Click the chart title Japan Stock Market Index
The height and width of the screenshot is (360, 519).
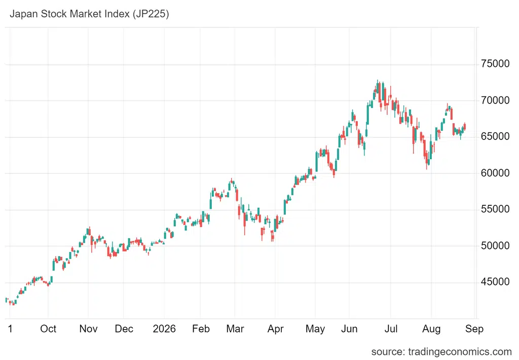69,14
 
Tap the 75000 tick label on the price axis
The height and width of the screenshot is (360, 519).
495,63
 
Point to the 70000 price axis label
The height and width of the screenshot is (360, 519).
495,100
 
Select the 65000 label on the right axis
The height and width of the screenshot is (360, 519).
495,136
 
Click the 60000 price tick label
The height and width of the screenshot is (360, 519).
495,173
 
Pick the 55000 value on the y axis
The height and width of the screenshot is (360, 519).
495,209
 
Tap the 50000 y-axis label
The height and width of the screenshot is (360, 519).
495,245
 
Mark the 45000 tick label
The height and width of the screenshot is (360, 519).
495,282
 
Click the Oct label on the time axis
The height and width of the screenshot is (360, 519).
48,329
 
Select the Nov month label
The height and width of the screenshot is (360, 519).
88,329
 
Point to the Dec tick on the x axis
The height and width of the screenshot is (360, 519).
124,329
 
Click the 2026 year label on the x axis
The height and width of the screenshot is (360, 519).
164,329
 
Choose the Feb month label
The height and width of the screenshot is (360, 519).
201,329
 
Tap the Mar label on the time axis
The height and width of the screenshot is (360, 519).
235,329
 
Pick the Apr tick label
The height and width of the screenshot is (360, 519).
275,329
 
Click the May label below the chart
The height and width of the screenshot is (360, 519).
315,329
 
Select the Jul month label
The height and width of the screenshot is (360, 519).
391,329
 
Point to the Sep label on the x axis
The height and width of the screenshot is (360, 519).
474,329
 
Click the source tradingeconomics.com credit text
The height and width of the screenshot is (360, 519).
441,352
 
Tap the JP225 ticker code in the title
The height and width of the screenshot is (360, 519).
151,14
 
